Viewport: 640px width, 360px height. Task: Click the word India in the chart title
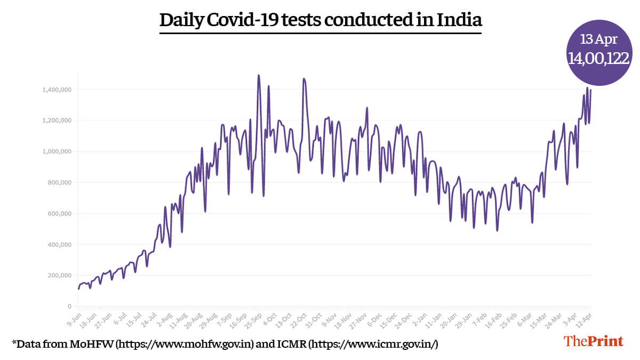click(x=459, y=20)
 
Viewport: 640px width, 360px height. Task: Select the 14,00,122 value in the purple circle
click(x=599, y=58)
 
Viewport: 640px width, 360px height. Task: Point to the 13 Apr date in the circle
click(x=599, y=39)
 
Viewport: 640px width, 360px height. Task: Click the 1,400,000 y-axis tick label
click(x=57, y=90)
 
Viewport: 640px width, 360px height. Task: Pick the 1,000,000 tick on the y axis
click(x=57, y=151)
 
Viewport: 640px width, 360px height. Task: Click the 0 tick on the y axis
click(x=69, y=307)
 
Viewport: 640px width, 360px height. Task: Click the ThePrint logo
click(x=594, y=341)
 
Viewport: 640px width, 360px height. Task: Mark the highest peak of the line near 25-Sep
click(x=259, y=75)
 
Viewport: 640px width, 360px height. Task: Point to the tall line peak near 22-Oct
click(x=303, y=79)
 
